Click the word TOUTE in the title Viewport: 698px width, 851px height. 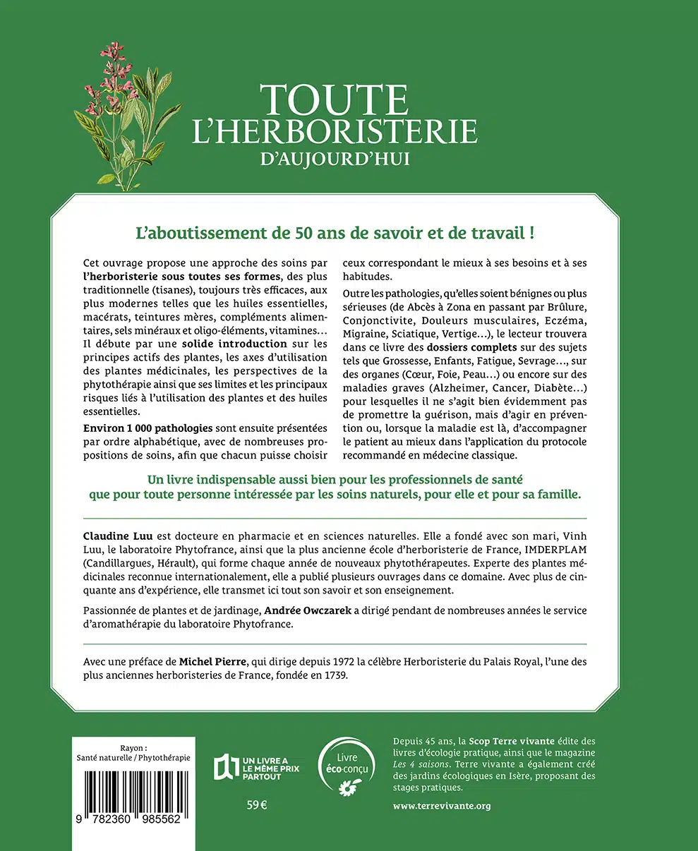coord(333,99)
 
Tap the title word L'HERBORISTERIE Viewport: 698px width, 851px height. coord(335,132)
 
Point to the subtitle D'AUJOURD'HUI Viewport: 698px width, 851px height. coord(335,157)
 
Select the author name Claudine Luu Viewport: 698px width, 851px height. coord(115,537)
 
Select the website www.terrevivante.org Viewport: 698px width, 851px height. coord(442,805)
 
